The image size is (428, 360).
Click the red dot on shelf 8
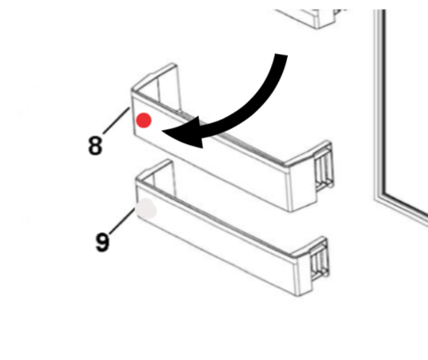click(x=143, y=121)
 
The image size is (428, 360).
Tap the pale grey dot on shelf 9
click(x=147, y=210)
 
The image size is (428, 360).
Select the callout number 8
click(x=95, y=147)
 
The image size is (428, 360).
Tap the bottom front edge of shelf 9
click(x=222, y=266)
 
